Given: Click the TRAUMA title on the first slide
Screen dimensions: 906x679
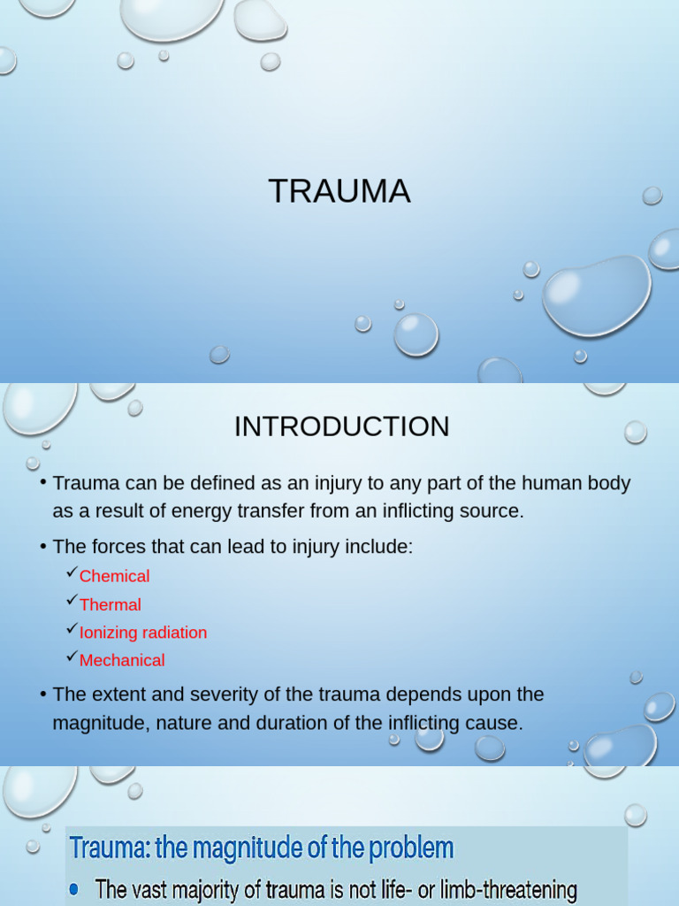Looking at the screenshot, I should (x=339, y=191).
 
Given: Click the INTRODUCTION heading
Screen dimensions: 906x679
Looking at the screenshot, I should (x=341, y=426).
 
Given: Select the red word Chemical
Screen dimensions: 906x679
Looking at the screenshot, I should (x=114, y=576).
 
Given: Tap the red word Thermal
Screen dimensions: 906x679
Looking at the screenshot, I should (x=110, y=604).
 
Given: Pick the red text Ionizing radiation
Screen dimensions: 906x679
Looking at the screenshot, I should (x=142, y=633).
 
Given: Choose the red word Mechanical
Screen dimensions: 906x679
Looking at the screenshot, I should (x=122, y=660).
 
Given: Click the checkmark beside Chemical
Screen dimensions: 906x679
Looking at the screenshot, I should (x=72, y=574).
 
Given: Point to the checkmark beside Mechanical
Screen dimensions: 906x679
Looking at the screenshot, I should (x=72, y=658).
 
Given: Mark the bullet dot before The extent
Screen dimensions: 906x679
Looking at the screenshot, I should (x=42, y=695).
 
